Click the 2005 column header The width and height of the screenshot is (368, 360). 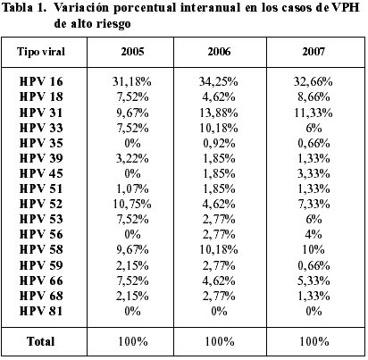tap(132, 52)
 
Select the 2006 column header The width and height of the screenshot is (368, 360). tap(219, 52)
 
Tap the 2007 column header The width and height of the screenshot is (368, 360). tap(314, 52)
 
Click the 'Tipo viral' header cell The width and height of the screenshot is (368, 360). tap(41, 52)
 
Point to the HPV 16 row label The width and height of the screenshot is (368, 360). tap(41, 81)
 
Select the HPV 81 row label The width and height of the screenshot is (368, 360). tap(41, 311)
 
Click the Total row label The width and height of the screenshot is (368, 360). tap(41, 341)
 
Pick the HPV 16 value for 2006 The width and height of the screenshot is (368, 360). tap(219, 81)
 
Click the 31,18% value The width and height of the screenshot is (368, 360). tap(132, 81)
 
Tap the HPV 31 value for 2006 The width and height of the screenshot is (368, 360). tap(219, 113)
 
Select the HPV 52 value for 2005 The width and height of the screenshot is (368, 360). tap(132, 204)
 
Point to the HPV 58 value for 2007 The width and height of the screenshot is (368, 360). tap(314, 249)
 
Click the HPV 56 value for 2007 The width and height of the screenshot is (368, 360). tap(314, 234)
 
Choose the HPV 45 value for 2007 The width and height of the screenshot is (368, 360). tap(314, 173)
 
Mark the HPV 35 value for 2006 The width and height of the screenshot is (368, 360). tap(219, 143)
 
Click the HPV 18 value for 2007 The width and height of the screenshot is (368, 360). tap(314, 96)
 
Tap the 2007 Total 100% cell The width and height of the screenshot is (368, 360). tap(314, 341)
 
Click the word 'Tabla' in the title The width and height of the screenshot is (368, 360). tap(17, 7)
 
